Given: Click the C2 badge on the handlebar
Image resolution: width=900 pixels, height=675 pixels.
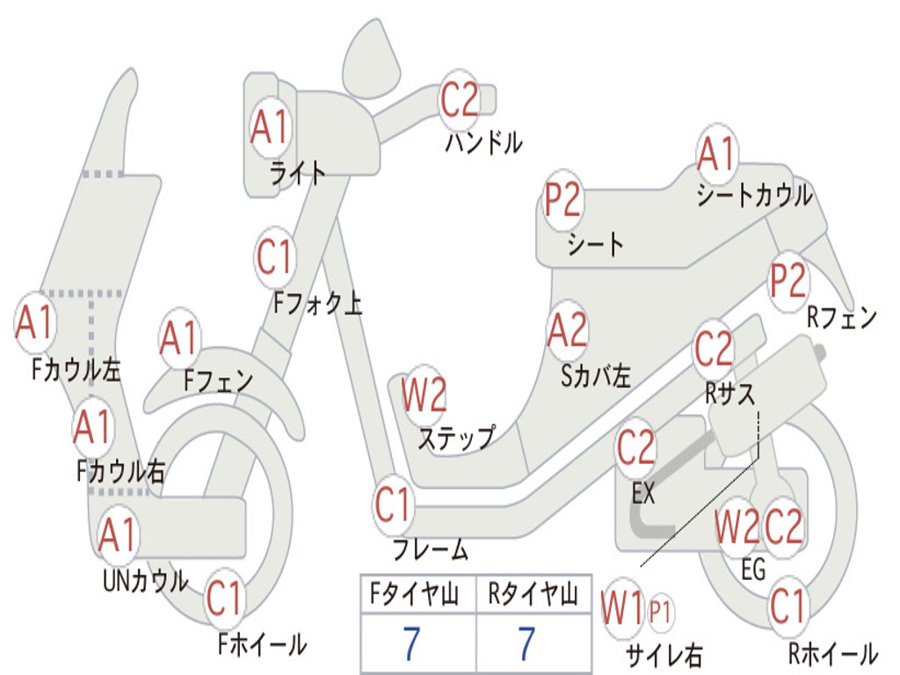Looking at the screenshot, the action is [460, 98].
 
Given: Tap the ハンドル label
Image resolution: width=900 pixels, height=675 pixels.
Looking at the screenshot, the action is [483, 142].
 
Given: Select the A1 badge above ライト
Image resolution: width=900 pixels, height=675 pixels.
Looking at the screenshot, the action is [270, 127].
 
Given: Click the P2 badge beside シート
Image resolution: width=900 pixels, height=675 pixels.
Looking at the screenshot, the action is [562, 200].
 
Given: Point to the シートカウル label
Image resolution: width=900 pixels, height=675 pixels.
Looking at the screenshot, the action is [754, 195].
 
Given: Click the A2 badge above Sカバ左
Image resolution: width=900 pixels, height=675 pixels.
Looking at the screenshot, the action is [567, 331].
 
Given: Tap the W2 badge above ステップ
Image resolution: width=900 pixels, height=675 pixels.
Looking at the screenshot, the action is [424, 396].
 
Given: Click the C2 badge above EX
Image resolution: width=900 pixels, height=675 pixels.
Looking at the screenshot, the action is [636, 449].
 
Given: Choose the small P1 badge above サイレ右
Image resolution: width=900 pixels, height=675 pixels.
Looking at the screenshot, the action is [660, 613].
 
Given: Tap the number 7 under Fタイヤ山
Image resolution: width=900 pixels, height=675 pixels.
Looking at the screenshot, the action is [412, 644].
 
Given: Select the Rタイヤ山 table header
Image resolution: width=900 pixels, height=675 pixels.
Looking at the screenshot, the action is [533, 597].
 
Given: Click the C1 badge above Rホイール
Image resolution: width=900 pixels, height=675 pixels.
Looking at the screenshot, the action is [787, 606].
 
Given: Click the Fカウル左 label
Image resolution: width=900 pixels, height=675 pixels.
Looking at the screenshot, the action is [76, 370].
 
